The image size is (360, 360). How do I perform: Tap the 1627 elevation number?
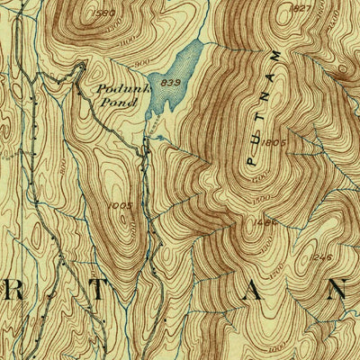pyautogui.click(x=301, y=8)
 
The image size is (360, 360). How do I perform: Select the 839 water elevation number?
pyautogui.click(x=163, y=83)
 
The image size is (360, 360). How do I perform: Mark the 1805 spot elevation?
pyautogui.click(x=275, y=141)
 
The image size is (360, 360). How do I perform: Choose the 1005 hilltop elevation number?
pyautogui.click(x=119, y=206)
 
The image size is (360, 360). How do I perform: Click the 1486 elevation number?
pyautogui.click(x=265, y=221)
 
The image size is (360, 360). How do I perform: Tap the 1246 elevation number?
pyautogui.click(x=323, y=257)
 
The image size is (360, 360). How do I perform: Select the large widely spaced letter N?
pyautogui.click(x=336, y=291)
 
